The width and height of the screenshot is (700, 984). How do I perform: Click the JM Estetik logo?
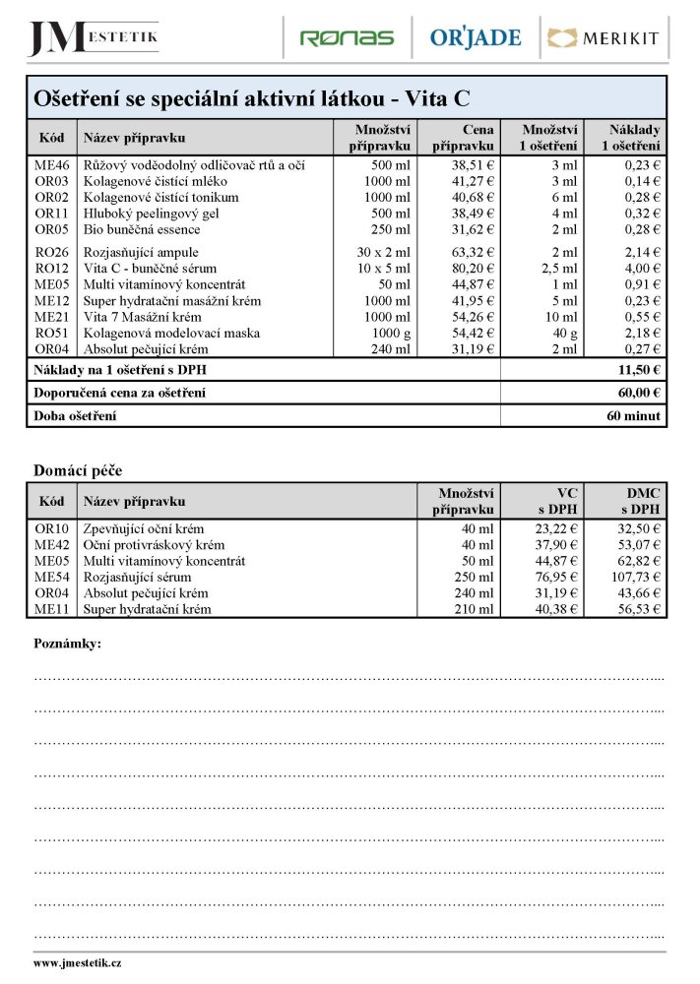click(x=94, y=37)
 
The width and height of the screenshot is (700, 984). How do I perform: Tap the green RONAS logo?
click(x=346, y=38)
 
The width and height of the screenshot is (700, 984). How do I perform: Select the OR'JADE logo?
click(x=476, y=38)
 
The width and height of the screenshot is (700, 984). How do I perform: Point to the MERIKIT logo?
click(x=605, y=38)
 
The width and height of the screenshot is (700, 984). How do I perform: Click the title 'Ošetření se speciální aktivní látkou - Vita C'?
click(x=252, y=98)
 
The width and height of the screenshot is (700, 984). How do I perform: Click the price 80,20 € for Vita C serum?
click(x=469, y=268)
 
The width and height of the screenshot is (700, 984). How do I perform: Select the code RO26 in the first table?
click(x=51, y=252)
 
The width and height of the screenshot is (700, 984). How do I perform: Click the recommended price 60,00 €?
click(x=636, y=393)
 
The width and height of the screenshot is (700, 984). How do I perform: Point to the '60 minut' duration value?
click(x=634, y=416)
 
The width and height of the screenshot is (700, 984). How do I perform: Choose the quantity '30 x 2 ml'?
click(x=384, y=252)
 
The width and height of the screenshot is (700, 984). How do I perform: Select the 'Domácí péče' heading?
click(x=78, y=470)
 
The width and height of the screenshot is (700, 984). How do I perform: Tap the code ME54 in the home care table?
click(x=51, y=578)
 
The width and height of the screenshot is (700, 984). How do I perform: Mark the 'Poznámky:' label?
click(x=67, y=644)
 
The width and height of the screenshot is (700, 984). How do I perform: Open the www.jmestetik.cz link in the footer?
click(x=77, y=963)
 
